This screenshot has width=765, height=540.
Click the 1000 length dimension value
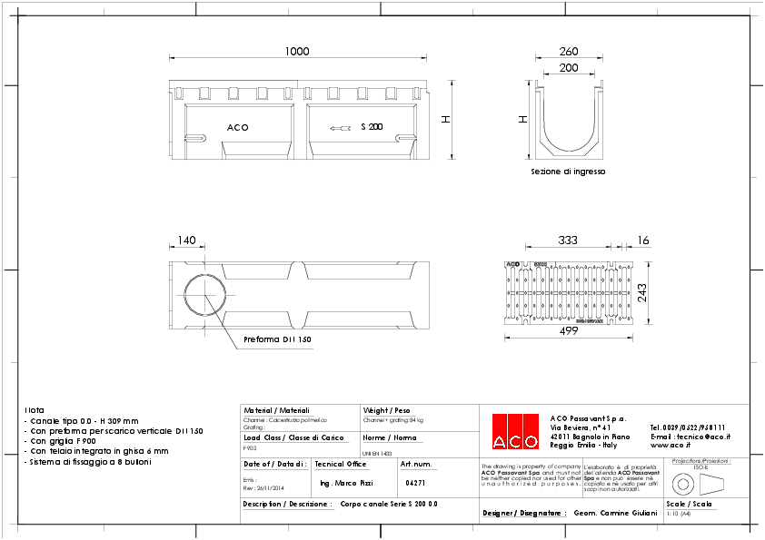297,52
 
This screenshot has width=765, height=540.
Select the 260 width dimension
569,52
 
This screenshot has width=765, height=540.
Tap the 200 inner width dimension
569,68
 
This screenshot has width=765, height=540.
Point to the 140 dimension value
186,241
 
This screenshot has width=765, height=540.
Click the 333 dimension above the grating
569,241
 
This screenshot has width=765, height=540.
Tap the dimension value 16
643,241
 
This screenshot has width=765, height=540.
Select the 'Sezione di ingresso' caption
568,171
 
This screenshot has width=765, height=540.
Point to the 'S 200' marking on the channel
372,127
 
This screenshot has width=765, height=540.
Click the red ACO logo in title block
514,431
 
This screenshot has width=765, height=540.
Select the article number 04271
415,483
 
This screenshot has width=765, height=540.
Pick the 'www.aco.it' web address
672,446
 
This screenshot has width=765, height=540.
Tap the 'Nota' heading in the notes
34,410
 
